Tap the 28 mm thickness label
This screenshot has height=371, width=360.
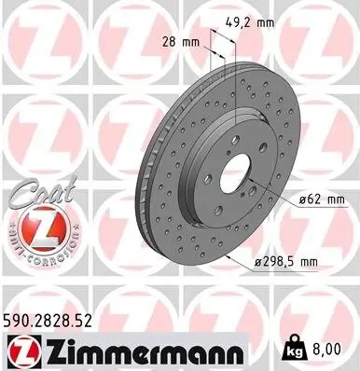pos(179,42)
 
